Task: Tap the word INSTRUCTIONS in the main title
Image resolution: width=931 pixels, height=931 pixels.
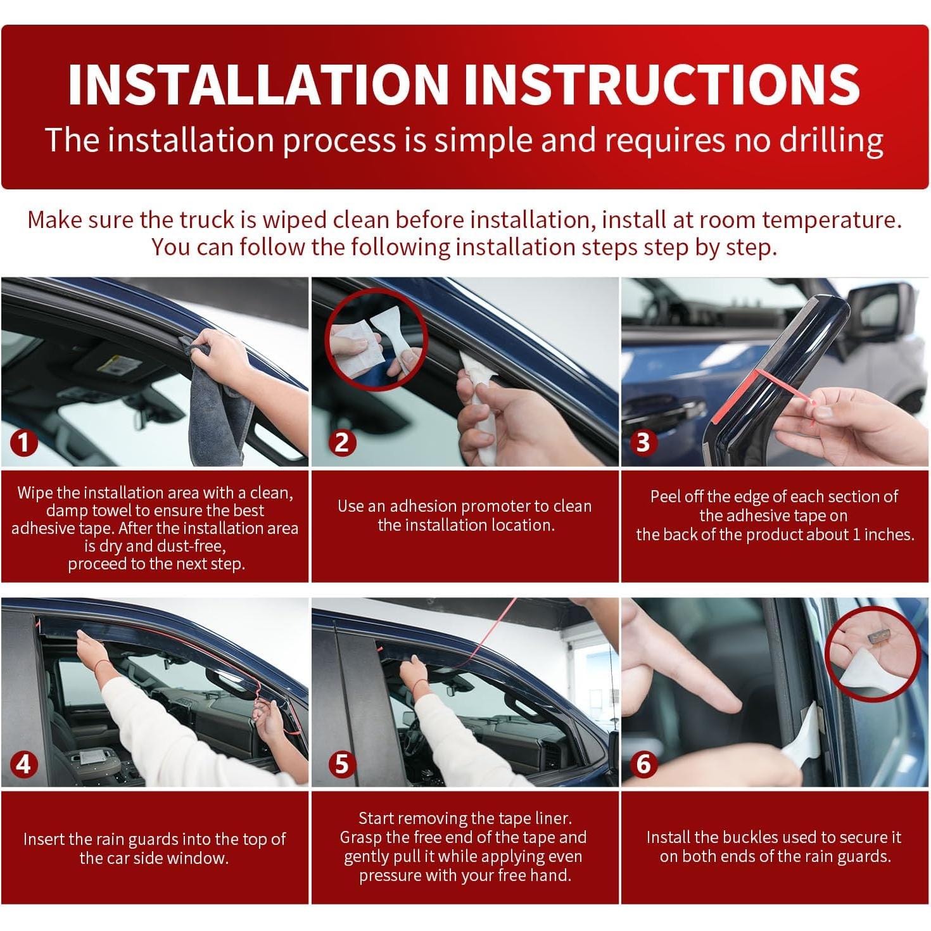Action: pos(662,84)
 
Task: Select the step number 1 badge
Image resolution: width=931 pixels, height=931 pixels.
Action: pos(24,442)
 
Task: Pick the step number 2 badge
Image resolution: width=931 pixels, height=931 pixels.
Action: pos(342,442)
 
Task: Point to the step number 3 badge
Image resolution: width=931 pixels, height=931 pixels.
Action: pos(643,442)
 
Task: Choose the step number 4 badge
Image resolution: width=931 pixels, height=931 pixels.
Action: pos(24,764)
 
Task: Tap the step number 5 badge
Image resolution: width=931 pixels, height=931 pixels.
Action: pos(342,764)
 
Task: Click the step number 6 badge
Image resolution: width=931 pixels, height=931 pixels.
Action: pos(643,764)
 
